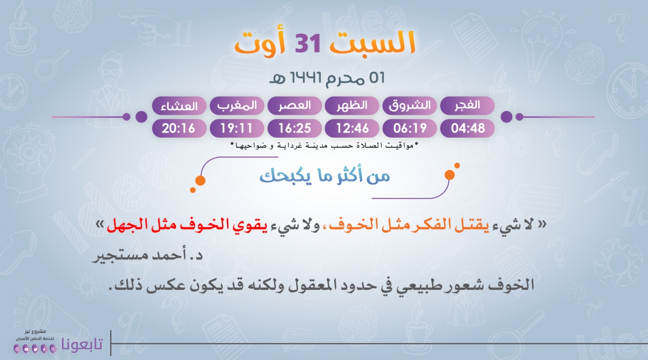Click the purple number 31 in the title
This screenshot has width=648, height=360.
pyautogui.click(x=307, y=43)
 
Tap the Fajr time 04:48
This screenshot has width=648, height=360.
pyautogui.click(x=468, y=128)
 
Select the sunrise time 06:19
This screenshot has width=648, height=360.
pyautogui.click(x=410, y=128)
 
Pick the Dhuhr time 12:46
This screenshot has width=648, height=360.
pyautogui.click(x=352, y=128)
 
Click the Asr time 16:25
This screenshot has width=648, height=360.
pyautogui.click(x=295, y=128)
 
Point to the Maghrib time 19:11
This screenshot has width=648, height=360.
pyautogui.click(x=237, y=128)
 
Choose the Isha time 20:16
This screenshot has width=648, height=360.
pyautogui.click(x=178, y=128)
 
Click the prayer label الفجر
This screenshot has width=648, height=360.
pyautogui.click(x=467, y=105)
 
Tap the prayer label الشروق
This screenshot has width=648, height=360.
pyautogui.click(x=410, y=106)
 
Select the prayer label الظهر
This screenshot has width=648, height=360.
pyautogui.click(x=352, y=105)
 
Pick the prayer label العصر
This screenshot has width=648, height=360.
pyautogui.click(x=295, y=105)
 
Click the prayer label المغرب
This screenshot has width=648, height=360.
pyautogui.click(x=237, y=106)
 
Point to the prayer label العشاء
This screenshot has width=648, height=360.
pyautogui.click(x=179, y=106)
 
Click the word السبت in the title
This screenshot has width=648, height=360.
pyautogui.click(x=373, y=43)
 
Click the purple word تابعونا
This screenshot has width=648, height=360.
pyautogui.click(x=82, y=344)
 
